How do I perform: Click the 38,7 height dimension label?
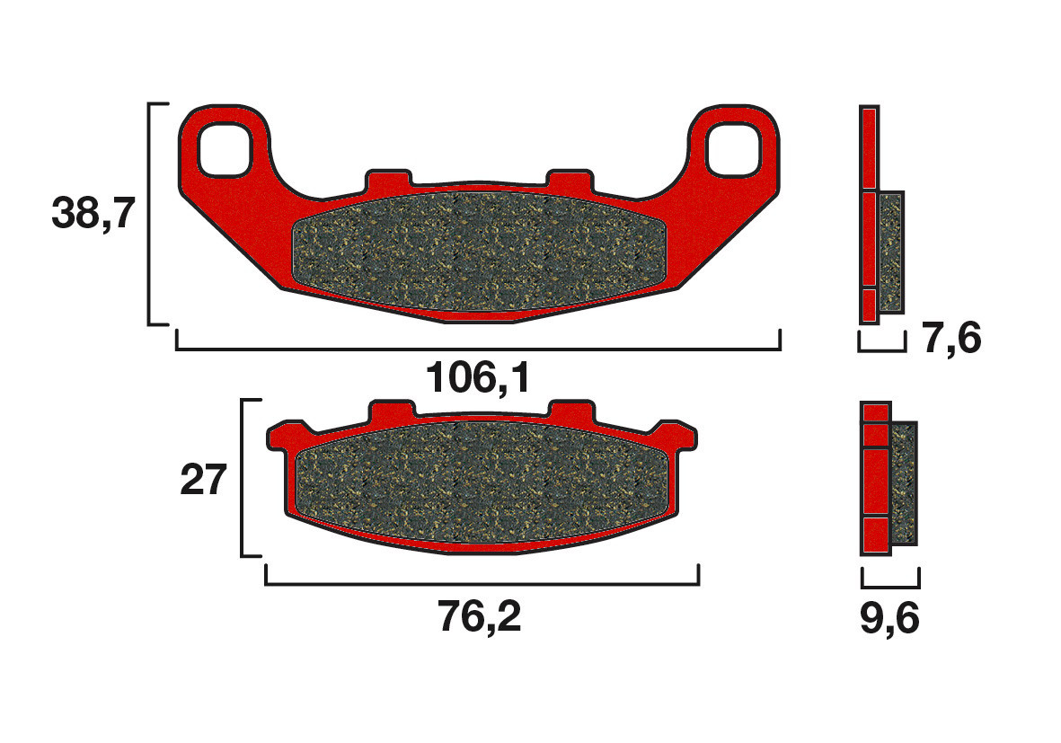click(93, 214)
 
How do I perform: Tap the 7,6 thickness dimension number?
click(951, 341)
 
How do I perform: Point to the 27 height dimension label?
click(203, 481)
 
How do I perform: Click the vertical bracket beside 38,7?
click(151, 214)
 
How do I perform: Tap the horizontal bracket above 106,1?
click(478, 347)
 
